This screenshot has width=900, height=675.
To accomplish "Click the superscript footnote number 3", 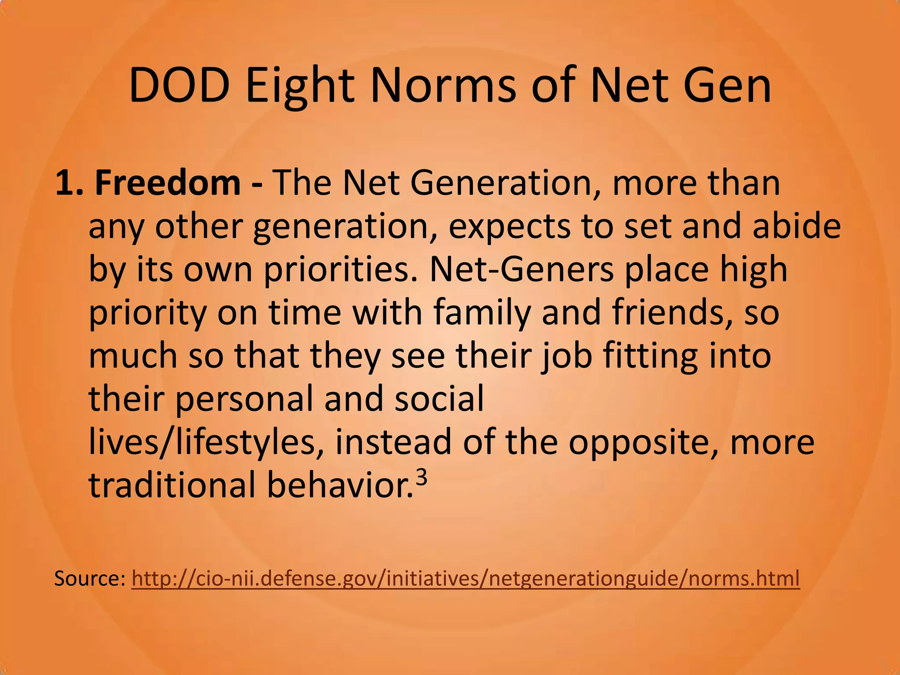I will click(x=421, y=478).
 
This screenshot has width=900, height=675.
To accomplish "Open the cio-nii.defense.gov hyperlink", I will click(x=465, y=578).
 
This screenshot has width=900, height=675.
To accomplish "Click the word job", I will click(x=566, y=356).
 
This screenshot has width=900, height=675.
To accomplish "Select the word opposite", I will click(x=644, y=442).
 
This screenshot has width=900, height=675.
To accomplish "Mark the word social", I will click(x=439, y=399).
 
